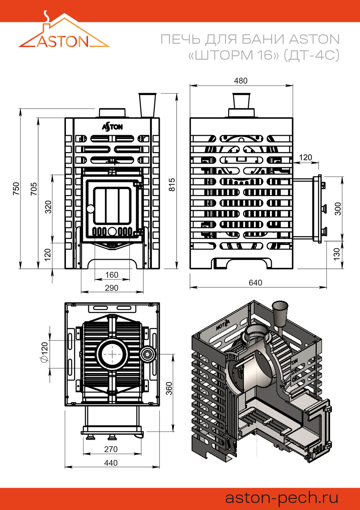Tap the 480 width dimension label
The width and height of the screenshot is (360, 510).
coord(240,81)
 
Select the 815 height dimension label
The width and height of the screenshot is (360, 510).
coord(172,185)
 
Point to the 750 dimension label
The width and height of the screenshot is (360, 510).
coord(16,189)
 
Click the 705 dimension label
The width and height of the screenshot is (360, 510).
coord(33,189)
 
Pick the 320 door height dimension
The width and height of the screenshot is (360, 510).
coord(48,207)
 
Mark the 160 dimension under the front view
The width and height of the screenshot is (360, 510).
coord(112,275)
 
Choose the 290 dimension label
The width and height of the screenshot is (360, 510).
coord(112,288)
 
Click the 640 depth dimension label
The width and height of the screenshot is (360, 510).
coord(255,283)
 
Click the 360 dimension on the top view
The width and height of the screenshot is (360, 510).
coord(169,388)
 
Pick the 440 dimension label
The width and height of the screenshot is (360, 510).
coord(111,463)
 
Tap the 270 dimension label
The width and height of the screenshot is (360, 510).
coord(111,449)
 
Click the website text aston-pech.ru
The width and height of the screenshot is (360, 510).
coord(282,498)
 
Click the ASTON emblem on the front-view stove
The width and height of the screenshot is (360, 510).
coord(112,127)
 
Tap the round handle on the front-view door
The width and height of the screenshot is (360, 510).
coord(90,208)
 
